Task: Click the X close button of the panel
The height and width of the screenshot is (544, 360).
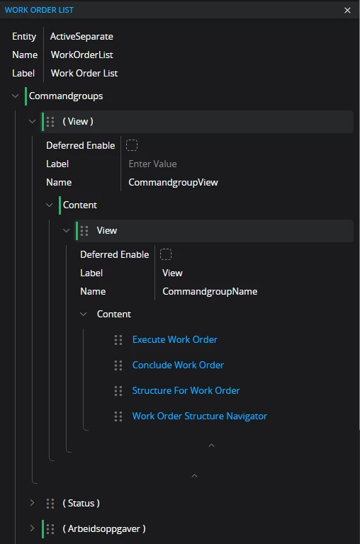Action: click(347, 10)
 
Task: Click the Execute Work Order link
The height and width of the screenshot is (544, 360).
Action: click(174, 339)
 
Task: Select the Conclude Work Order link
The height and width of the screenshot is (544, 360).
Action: click(178, 365)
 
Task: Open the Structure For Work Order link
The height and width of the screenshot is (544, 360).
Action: click(186, 390)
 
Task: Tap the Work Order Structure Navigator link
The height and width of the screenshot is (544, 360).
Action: click(199, 416)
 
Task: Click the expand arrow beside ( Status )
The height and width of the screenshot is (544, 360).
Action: click(32, 503)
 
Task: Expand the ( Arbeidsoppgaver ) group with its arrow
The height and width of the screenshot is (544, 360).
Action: click(32, 528)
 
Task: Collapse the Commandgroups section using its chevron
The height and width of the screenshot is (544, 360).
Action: click(16, 96)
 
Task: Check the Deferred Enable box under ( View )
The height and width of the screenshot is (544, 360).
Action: click(132, 145)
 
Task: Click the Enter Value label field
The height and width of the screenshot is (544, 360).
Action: click(152, 164)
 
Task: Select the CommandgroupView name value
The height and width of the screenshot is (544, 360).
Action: click(173, 182)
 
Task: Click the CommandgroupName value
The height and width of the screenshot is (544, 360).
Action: click(210, 291)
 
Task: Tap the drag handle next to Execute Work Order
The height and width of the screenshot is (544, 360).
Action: click(118, 340)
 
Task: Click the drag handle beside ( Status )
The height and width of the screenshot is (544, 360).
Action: click(50, 504)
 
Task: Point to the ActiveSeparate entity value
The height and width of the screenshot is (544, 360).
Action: click(81, 36)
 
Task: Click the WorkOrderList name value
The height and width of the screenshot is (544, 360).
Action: click(82, 55)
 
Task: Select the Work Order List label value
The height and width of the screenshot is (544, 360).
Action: click(84, 73)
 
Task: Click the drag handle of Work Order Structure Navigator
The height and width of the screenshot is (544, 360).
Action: click(118, 416)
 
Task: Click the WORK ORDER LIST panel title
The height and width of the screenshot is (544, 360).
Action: click(39, 10)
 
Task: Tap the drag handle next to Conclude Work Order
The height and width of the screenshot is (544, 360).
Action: click(118, 365)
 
